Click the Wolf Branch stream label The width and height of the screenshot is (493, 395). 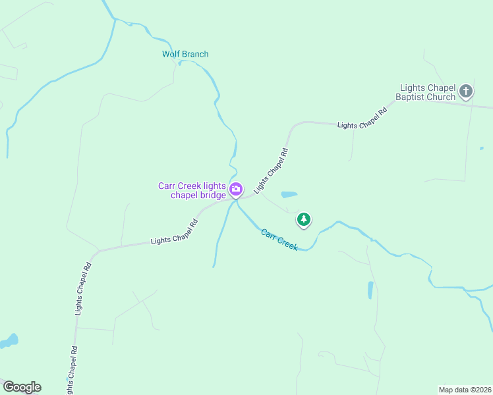[x=185, y=54]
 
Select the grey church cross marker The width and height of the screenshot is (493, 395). [x=466, y=92]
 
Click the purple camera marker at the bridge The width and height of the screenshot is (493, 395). [x=236, y=190]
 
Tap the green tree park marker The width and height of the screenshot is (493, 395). [x=303, y=219]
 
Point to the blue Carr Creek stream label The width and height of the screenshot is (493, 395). [x=279, y=239]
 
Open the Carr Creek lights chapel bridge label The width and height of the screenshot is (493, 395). [x=192, y=190]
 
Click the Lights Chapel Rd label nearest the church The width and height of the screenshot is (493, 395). [x=361, y=117]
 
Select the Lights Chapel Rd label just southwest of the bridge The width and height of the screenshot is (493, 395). [x=175, y=232]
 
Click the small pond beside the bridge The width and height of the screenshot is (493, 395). [x=289, y=195]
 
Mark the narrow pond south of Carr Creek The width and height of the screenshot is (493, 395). [x=370, y=290]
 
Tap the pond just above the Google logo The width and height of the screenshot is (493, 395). [x=9, y=341]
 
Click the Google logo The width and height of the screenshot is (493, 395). [x=22, y=387]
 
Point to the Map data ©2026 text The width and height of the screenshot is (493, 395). [x=464, y=389]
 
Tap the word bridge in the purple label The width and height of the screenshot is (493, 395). [x=212, y=195]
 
